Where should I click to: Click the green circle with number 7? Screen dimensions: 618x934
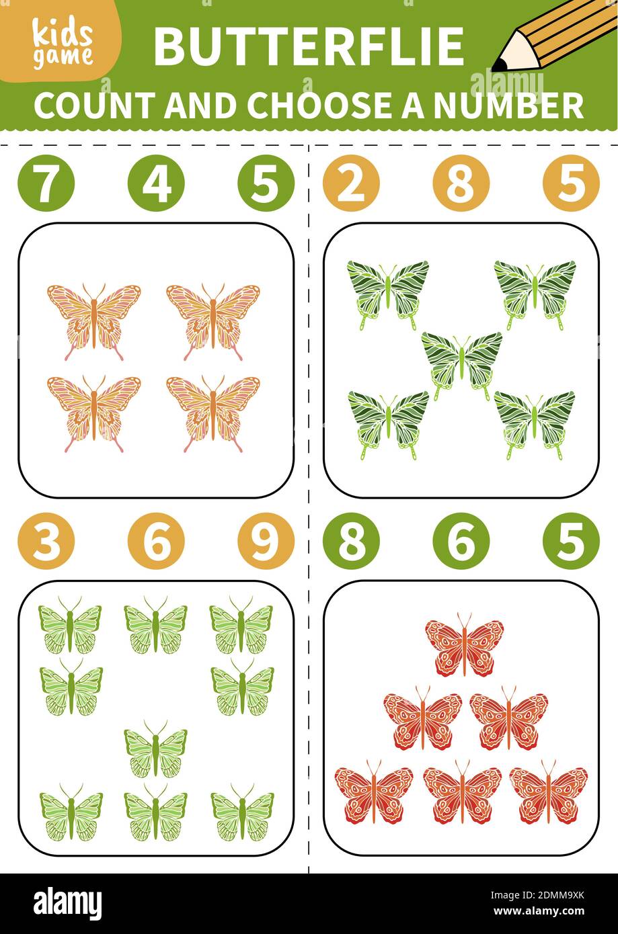[46, 183]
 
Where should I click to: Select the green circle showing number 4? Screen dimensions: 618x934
[156, 183]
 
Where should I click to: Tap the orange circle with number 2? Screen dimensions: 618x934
[351, 183]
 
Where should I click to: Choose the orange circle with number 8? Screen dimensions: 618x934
[461, 183]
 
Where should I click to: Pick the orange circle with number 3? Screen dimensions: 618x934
[46, 541]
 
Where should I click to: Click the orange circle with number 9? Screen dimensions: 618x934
[266, 541]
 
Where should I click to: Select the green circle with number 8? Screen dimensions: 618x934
[351, 541]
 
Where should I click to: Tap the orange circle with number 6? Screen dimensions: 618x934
[156, 541]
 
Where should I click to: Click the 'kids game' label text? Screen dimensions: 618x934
[63, 45]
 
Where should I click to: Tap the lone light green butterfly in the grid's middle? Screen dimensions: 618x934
[155, 749]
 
